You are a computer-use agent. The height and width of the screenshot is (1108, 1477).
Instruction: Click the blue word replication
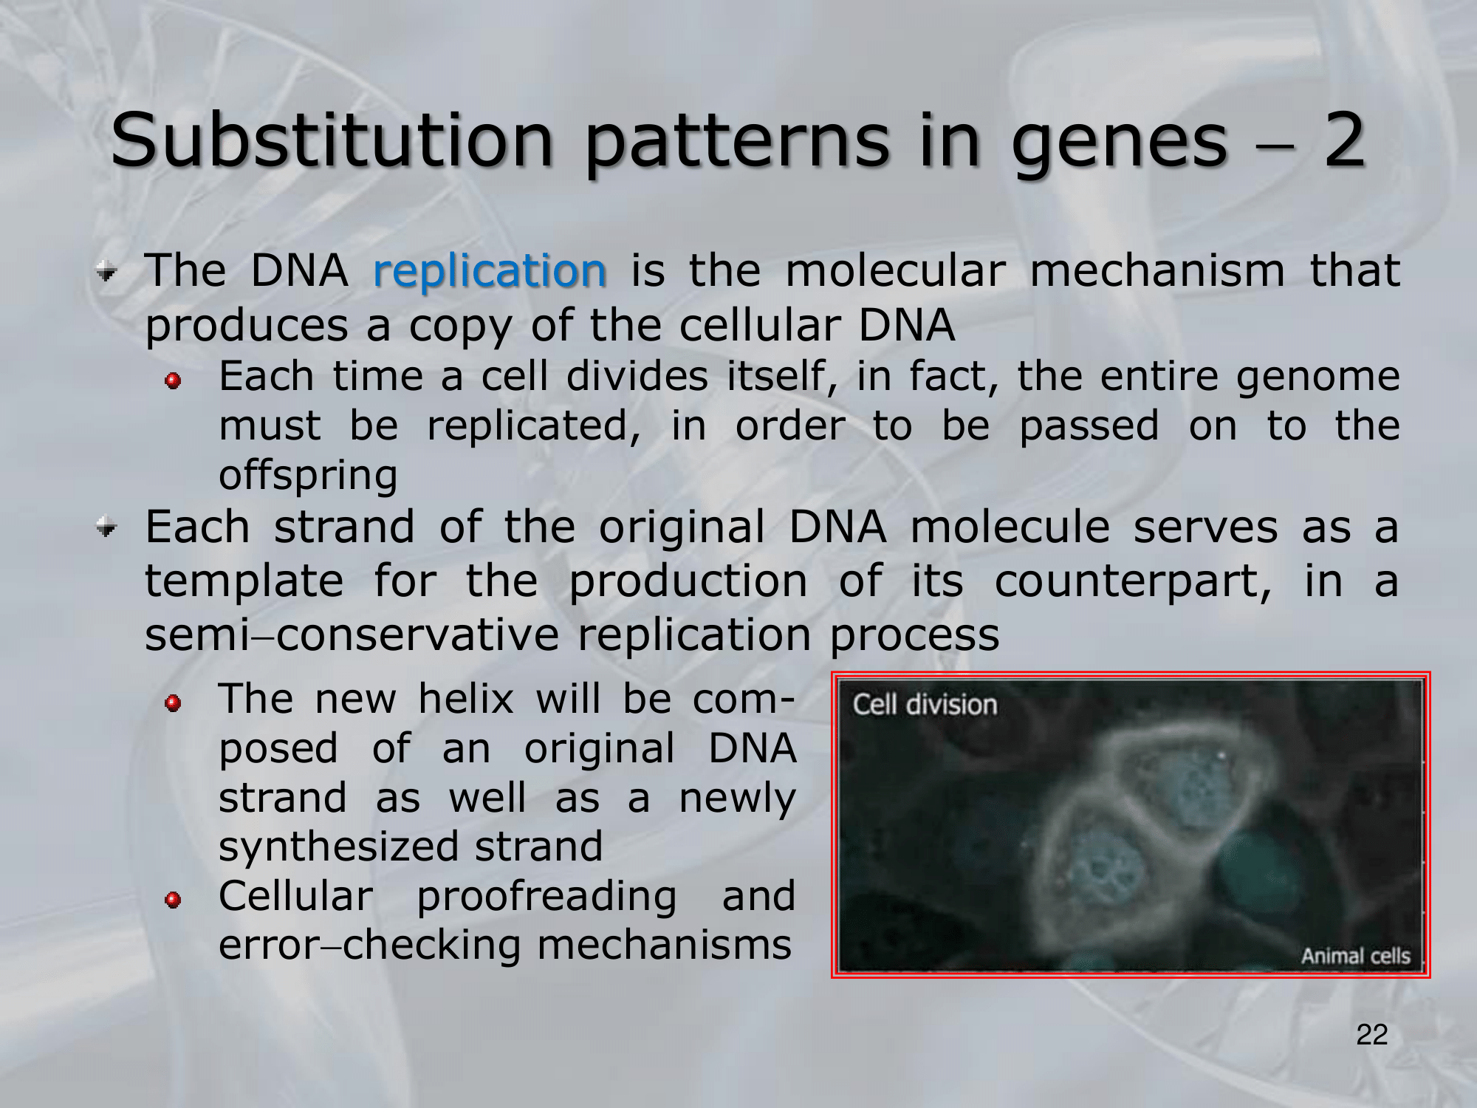click(490, 272)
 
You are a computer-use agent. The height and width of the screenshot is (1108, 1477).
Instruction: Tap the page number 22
click(1371, 1035)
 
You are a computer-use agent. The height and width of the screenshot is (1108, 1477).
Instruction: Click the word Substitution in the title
click(332, 140)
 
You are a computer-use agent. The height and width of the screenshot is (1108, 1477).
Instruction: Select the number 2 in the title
click(1344, 140)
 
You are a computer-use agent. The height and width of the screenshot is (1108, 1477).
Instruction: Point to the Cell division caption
click(925, 705)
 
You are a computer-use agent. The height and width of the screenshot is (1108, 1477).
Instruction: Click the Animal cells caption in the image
click(1356, 956)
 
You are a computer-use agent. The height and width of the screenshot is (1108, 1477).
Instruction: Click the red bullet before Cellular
click(173, 900)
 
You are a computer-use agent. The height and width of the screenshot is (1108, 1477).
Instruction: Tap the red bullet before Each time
click(173, 380)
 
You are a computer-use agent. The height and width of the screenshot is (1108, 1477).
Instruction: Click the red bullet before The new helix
click(173, 702)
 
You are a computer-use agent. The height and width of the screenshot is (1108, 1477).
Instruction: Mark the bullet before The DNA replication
click(107, 273)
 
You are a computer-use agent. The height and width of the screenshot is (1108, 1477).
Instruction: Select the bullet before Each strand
click(107, 527)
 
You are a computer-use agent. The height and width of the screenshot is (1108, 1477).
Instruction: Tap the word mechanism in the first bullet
click(1157, 270)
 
